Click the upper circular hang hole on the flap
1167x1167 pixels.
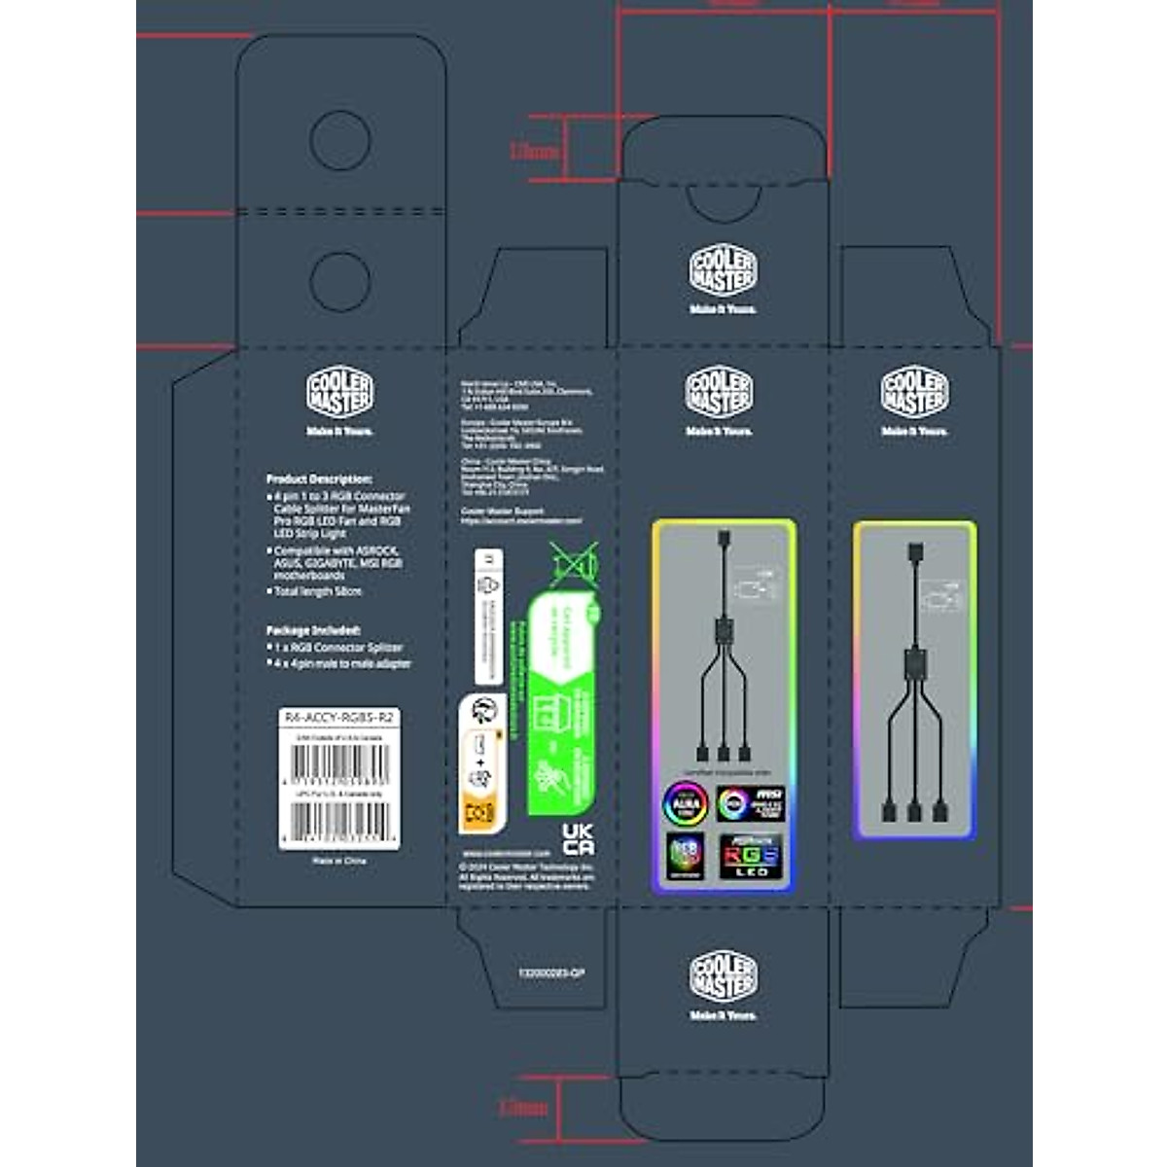click(339, 140)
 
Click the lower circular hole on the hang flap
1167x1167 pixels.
click(339, 280)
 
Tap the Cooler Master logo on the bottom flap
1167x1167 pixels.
click(723, 976)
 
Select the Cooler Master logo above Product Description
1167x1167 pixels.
click(339, 392)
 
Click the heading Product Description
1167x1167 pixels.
click(319, 479)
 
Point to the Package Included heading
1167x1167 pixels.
click(313, 630)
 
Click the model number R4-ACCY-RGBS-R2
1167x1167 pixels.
click(338, 717)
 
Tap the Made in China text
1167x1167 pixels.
click(338, 861)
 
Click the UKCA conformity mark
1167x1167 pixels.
click(578, 837)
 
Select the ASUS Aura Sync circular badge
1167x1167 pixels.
click(686, 804)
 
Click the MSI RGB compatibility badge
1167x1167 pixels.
click(750, 803)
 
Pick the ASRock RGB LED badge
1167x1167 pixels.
click(750, 855)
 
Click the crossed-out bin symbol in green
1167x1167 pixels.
click(574, 564)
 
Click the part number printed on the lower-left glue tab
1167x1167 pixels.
click(550, 972)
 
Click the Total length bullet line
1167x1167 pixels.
click(317, 591)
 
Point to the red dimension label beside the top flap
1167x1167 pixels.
click(535, 152)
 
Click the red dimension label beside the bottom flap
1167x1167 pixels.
click(523, 1107)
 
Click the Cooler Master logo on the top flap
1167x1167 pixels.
click(723, 270)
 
